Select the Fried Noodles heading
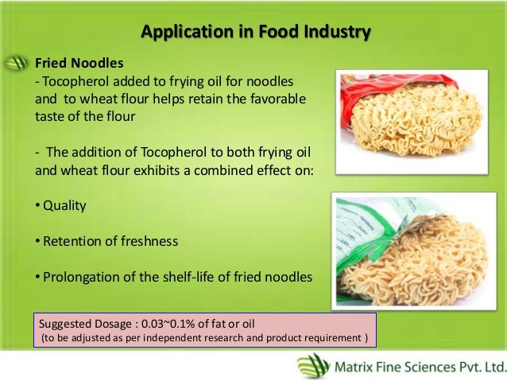pos(79,62)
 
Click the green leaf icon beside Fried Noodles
pos(17,63)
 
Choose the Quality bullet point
pos(64,204)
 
